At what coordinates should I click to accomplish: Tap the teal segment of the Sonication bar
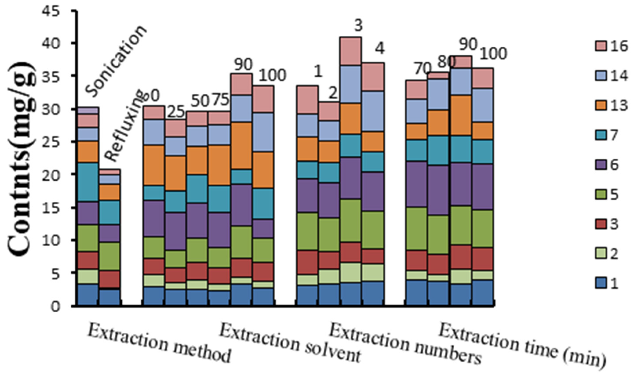(88, 182)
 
